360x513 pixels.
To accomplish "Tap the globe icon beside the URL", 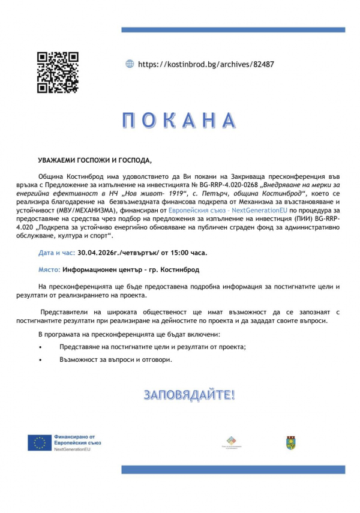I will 130,64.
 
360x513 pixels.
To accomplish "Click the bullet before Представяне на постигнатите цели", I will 40,347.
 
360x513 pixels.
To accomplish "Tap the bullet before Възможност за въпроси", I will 40,360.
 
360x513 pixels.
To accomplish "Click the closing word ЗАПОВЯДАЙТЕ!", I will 189,395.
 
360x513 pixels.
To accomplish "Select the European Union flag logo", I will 39,443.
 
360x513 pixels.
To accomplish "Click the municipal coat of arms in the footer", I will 290,443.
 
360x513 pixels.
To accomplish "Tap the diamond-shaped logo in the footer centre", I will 230,441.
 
